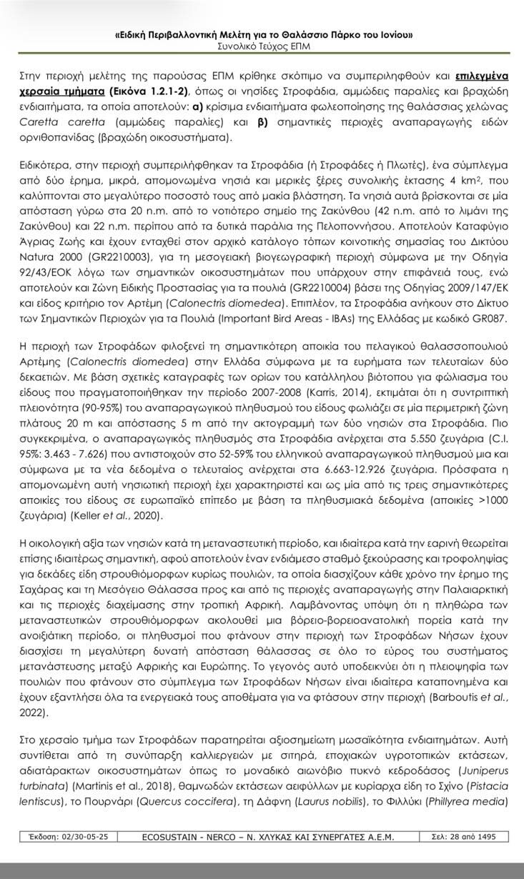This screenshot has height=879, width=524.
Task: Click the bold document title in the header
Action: point(262,35)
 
